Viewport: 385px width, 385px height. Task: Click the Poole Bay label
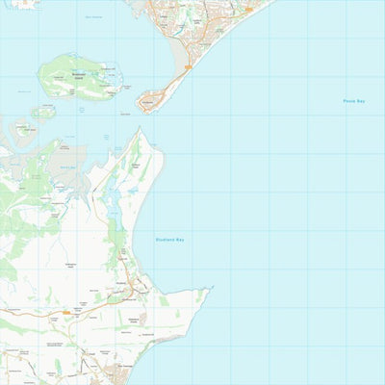click(354, 101)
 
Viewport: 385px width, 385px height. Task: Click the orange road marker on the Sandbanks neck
click(188, 66)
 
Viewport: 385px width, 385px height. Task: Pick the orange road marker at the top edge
click(249, 9)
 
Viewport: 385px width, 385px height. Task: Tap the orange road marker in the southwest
click(65, 312)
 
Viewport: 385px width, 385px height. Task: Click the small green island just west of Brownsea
click(42, 111)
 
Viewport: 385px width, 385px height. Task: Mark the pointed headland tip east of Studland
click(210, 288)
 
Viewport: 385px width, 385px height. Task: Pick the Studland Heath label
click(135, 166)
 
